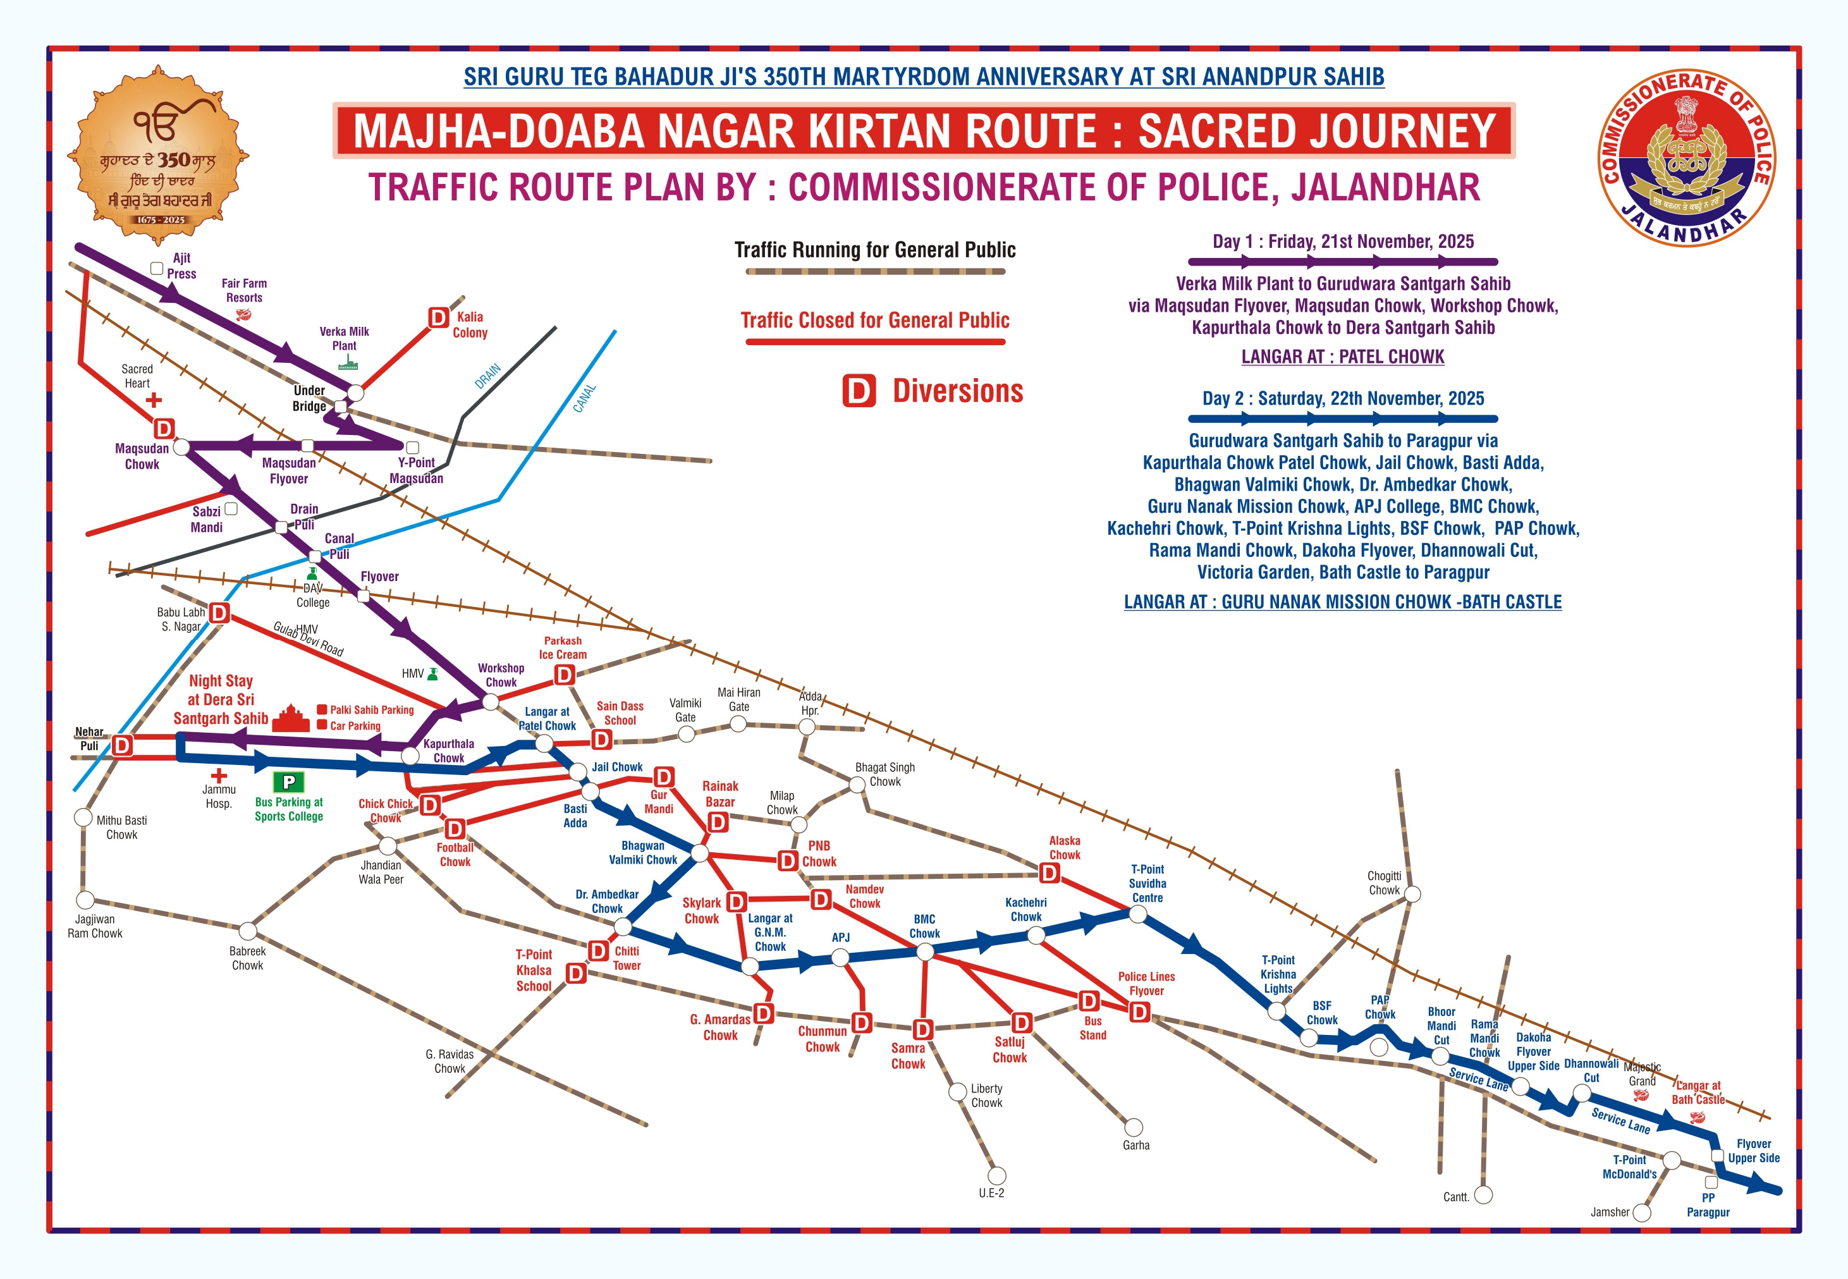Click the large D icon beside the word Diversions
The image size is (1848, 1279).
click(x=859, y=391)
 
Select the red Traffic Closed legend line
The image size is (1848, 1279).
click(x=875, y=342)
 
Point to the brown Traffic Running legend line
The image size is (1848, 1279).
click(x=875, y=272)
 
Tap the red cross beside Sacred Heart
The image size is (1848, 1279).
click(x=154, y=400)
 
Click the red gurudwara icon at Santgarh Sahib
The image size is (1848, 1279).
click(x=291, y=718)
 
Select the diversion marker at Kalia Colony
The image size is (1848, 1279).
click(x=438, y=318)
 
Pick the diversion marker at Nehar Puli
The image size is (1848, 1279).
click(x=122, y=746)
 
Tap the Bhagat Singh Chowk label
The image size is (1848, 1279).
click(x=884, y=774)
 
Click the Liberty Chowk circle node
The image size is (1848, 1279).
click(x=957, y=1091)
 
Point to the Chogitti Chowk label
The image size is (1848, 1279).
click(x=1384, y=883)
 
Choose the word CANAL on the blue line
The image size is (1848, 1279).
click(x=584, y=398)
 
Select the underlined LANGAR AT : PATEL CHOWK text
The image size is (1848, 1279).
click(x=1342, y=357)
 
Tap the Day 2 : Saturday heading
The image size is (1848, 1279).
click(x=1343, y=398)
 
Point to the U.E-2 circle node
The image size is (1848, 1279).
click(x=996, y=1175)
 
